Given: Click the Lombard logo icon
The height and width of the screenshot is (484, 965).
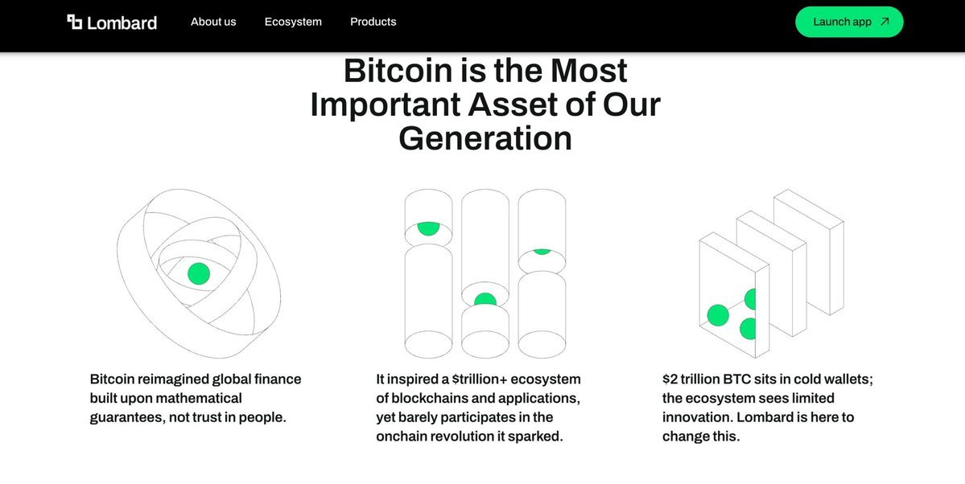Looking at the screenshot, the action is coord(75,23).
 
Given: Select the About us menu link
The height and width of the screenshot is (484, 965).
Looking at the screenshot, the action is coord(213,22).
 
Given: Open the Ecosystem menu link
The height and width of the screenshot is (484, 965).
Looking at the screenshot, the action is coord(293,22).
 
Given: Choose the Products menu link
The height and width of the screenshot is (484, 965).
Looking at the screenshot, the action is coord(373,22).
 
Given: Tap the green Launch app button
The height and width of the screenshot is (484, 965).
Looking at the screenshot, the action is coord(849,22).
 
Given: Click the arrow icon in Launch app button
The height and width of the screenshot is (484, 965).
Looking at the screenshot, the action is coord(885,22).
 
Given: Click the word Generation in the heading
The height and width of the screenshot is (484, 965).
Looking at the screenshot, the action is coord(485,137).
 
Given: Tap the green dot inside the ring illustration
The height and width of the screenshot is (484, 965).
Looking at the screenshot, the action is coord(199,273).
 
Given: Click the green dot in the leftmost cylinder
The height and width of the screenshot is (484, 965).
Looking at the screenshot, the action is coord(428,228).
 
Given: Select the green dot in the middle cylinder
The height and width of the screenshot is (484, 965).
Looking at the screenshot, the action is coord(485,300).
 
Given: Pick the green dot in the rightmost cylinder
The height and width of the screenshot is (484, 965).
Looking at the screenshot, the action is coord(542,251).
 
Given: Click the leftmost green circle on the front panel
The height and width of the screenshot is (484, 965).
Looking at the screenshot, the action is coord(718,315).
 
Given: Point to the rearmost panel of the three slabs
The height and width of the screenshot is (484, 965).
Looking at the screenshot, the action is coord(809,252).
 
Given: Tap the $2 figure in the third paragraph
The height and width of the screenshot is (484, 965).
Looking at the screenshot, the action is coord(670,379).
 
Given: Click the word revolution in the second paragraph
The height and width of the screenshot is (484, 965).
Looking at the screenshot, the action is coord(460,437).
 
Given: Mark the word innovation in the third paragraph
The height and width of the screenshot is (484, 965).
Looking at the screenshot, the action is coord(697,417).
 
